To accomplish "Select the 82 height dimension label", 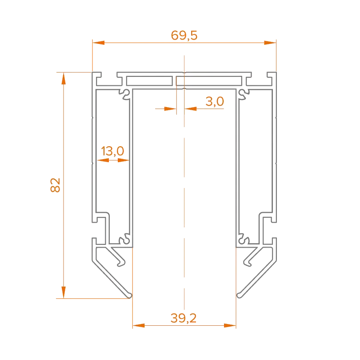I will tap(56, 186).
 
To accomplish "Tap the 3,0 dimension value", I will tap(215, 102).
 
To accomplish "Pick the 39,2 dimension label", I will tap(184, 318).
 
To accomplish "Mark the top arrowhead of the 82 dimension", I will tap(64, 79).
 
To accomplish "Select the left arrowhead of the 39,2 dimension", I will tap(140, 325).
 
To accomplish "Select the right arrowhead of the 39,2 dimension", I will tap(230, 325).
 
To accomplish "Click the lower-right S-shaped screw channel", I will tap(243, 239).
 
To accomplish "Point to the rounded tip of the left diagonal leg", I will tap(129, 294).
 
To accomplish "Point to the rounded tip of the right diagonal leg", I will tap(240, 294).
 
